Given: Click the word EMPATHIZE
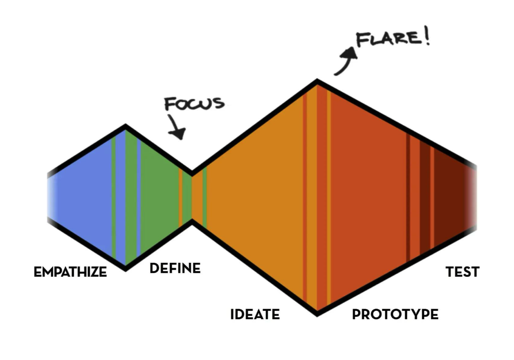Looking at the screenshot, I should [70, 272].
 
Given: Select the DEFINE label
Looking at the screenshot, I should [175, 268].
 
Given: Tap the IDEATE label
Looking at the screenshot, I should [255, 314].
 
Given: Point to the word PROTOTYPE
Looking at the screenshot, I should [395, 314].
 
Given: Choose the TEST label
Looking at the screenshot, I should [462, 272].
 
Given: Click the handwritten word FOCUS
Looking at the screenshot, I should [194, 103].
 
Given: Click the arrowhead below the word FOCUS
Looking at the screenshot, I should [179, 133].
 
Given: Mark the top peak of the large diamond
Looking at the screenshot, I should [317, 82].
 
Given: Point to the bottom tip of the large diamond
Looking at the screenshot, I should [317, 313].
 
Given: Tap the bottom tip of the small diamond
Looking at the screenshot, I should [126, 268].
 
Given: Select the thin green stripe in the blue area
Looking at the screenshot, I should [113, 195].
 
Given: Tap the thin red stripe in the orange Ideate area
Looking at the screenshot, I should [305, 195].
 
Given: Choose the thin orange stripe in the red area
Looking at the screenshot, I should [328, 195].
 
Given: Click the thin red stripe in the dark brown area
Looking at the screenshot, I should [432, 195].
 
